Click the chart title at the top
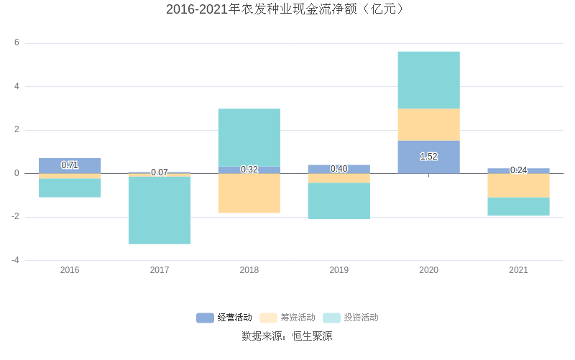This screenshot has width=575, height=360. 287,9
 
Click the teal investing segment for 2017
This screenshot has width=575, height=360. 160,210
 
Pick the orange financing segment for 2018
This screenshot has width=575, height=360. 249,193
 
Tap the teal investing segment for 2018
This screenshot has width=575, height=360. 249,137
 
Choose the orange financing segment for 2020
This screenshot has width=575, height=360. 428,124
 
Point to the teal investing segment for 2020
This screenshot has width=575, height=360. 428,80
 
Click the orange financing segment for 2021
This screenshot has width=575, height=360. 518,185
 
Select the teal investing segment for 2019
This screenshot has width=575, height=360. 339,200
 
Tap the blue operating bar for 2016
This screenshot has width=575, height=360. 70,160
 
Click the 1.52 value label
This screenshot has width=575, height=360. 428,157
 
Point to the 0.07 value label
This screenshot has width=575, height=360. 160,172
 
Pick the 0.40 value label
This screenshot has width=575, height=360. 339,169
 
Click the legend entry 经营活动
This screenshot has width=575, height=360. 224,318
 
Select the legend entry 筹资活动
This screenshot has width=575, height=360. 287,318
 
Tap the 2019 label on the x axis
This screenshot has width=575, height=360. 339,270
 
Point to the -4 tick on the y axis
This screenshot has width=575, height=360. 14,260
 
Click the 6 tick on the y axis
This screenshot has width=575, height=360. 17,43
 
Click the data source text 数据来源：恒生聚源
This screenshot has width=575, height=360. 287,336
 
